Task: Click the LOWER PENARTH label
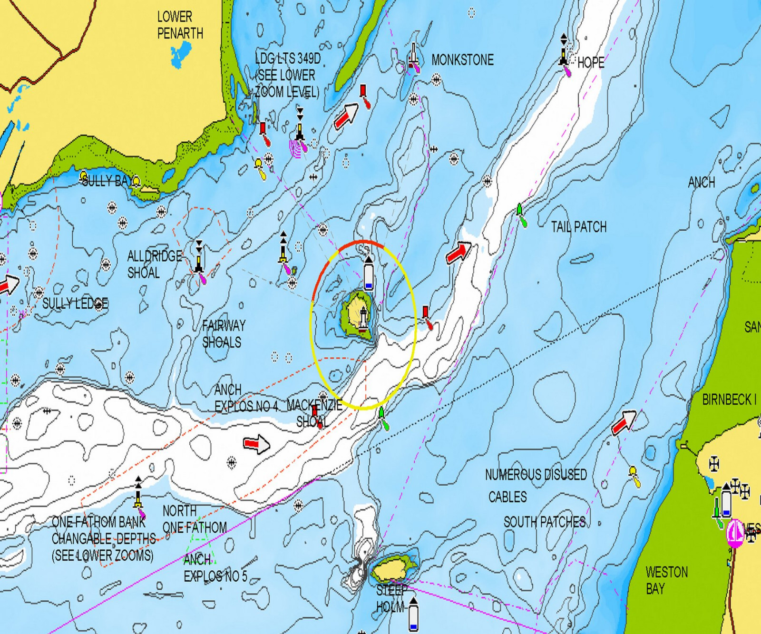[x=180, y=25]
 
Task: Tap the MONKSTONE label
[x=462, y=60]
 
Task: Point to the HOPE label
[x=590, y=62]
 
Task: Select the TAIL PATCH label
[x=578, y=227]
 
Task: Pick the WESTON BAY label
[x=666, y=580]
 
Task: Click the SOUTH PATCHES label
[x=544, y=522]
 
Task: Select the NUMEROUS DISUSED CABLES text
[x=535, y=485]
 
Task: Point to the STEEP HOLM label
[x=390, y=598]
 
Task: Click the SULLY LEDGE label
[x=75, y=303]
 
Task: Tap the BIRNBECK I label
[x=729, y=400]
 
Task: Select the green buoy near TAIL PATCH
[x=521, y=215]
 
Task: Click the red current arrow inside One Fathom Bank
[x=256, y=444]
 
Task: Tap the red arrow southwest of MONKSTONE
[x=346, y=116]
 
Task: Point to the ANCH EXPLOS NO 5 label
[x=215, y=568]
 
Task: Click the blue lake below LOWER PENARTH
[x=180, y=54]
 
